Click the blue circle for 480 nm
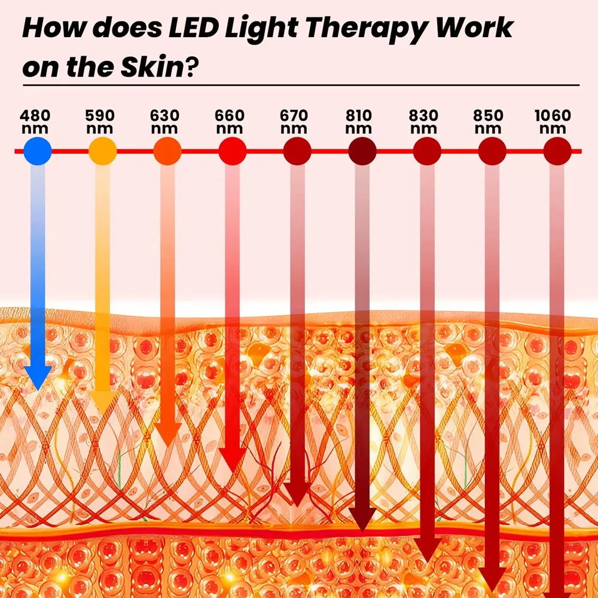tap(37, 151)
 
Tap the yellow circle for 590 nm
tap(102, 151)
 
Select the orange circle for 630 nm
tap(167, 151)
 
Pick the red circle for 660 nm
tap(233, 151)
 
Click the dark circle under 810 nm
tap(362, 151)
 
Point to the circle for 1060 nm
tap(557, 151)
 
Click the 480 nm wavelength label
tap(35, 121)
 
